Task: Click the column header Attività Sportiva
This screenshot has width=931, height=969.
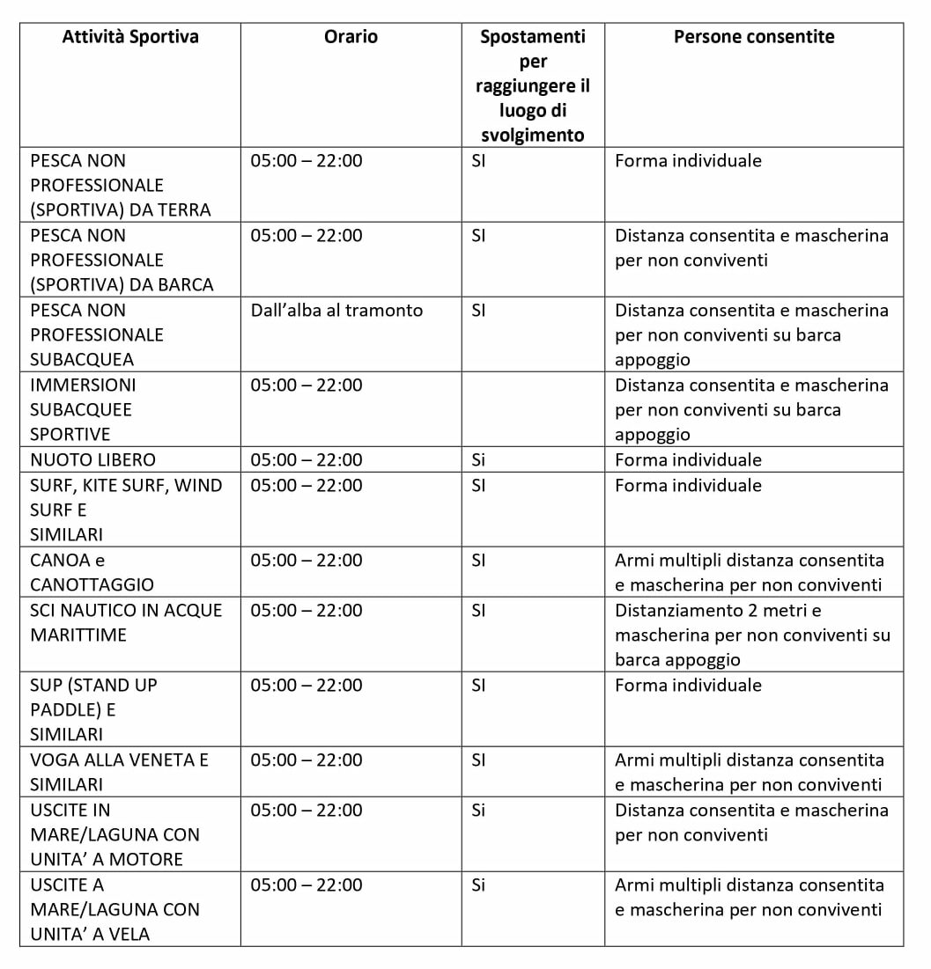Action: [130, 37]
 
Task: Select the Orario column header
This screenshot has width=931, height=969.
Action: [351, 37]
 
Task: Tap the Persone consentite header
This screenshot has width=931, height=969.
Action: [754, 37]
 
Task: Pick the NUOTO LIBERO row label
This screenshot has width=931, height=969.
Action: [92, 459]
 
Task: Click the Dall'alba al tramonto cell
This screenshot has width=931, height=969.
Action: [336, 311]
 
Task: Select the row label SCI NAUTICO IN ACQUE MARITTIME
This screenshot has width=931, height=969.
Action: [126, 622]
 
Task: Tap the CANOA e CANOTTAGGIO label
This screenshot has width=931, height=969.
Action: [92, 572]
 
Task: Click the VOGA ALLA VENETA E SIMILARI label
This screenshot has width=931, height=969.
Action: [119, 772]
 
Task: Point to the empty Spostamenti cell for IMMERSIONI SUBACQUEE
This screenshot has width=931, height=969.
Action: [533, 409]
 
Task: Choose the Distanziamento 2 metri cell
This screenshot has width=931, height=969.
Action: [752, 635]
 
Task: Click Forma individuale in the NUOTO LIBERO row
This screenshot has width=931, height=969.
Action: [688, 459]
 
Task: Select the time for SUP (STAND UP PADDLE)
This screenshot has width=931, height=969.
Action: [306, 686]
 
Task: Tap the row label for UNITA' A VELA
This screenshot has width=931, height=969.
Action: [115, 909]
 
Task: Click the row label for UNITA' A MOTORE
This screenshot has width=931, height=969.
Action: [115, 834]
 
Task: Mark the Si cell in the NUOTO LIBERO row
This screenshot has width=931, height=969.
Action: [478, 459]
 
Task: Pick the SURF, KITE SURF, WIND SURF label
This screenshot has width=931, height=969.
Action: [126, 510]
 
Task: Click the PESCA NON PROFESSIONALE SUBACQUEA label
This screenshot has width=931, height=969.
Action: [97, 335]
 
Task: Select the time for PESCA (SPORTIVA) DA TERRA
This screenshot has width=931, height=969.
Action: [306, 161]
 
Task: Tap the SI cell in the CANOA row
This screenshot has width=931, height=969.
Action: [478, 561]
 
